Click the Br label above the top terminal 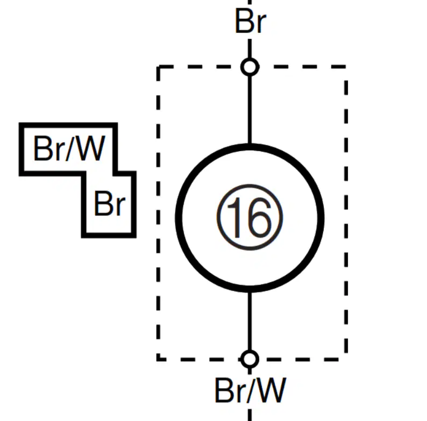click(251, 22)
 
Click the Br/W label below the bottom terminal click(251, 390)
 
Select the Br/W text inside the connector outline click(69, 148)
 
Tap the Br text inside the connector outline click(110, 203)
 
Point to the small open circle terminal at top click(250, 67)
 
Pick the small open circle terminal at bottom click(250, 359)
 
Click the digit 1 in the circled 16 click(234, 217)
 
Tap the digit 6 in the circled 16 click(260, 217)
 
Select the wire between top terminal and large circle click(250, 110)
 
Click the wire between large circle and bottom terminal click(250, 322)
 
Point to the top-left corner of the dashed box click(159, 67)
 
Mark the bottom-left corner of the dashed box click(159, 359)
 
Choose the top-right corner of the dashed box click(346, 67)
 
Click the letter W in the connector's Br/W click(90, 148)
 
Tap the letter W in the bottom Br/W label click(271, 390)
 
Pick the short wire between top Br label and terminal click(250, 48)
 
